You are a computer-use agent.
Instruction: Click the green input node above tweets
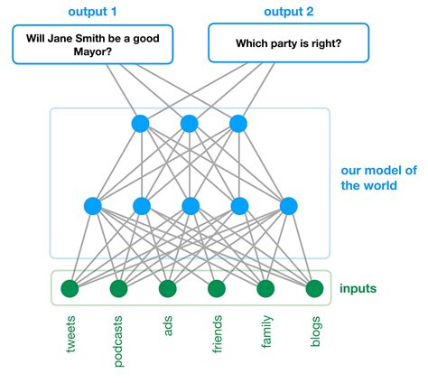point(69,289)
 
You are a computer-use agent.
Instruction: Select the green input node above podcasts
point(118,289)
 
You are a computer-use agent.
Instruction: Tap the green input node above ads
point(167,289)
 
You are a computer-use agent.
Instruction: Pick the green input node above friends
point(216,289)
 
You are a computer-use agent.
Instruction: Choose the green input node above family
point(265,289)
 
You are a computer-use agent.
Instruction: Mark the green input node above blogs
point(314,289)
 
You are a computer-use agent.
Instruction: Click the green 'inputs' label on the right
point(359,289)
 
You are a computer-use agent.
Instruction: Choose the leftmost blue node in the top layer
point(140,123)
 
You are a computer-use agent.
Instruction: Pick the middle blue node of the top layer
point(190,123)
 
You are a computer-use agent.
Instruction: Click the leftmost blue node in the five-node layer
point(92,206)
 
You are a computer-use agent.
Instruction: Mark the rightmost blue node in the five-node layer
point(289,206)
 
